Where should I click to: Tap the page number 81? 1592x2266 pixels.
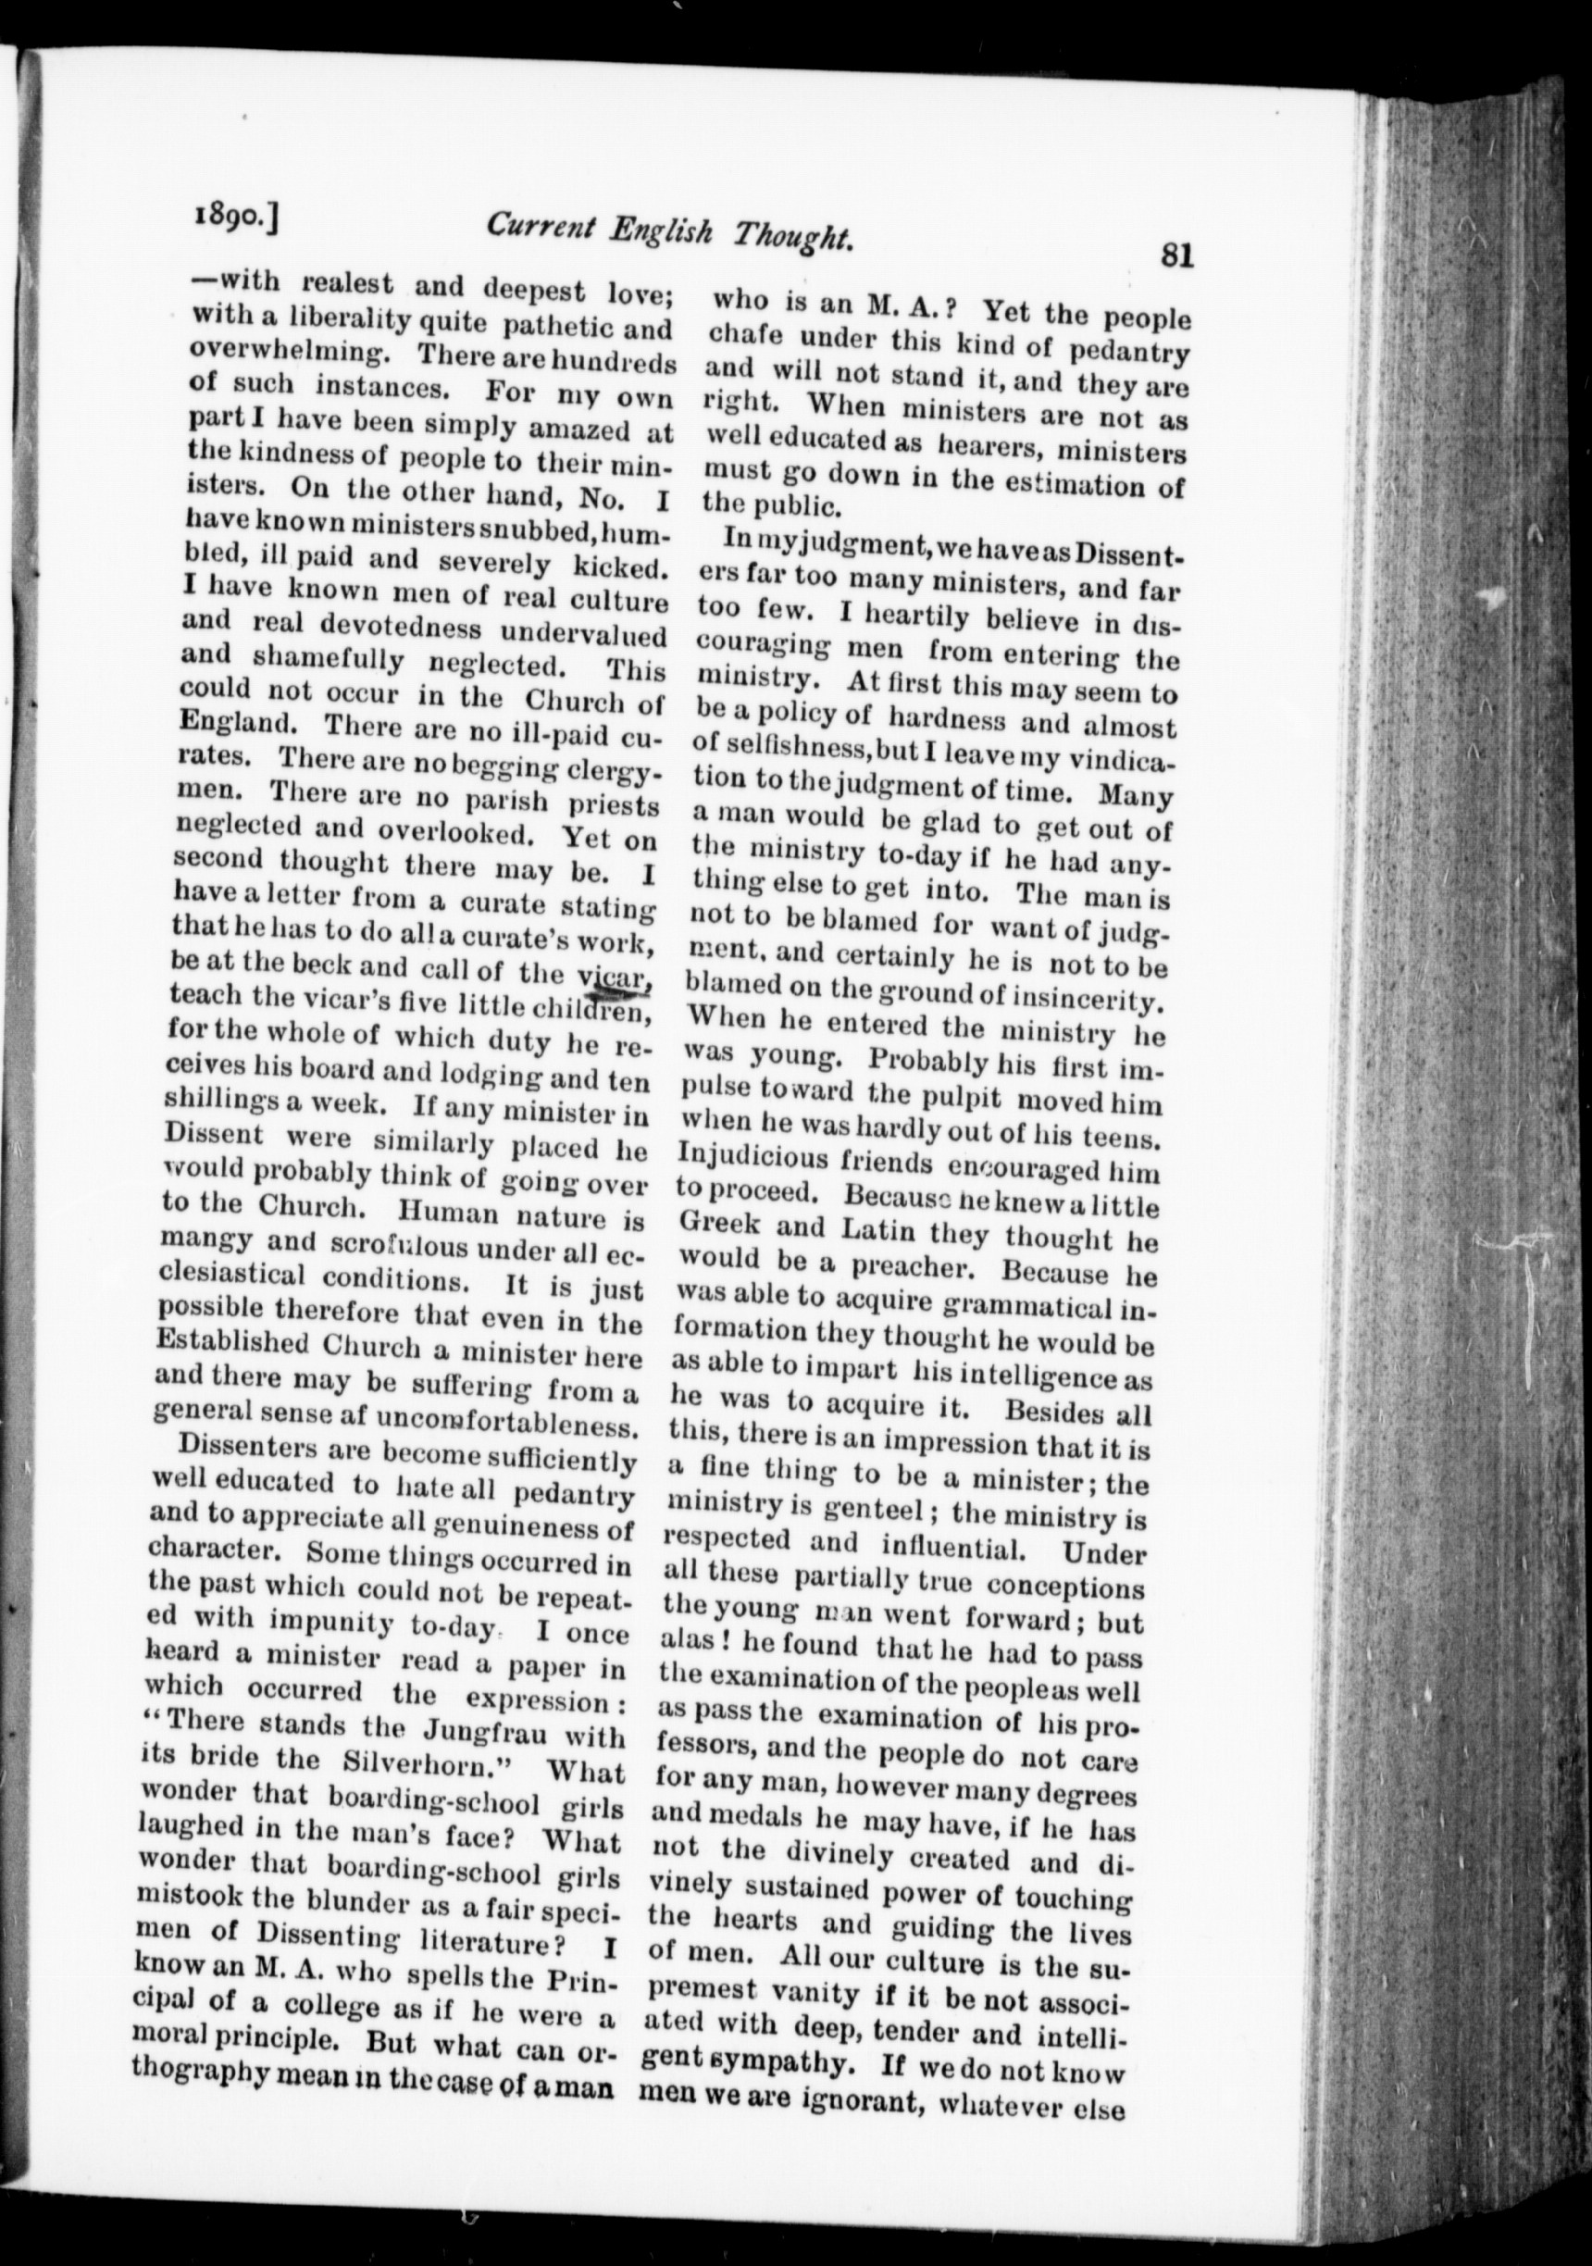tap(1177, 256)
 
